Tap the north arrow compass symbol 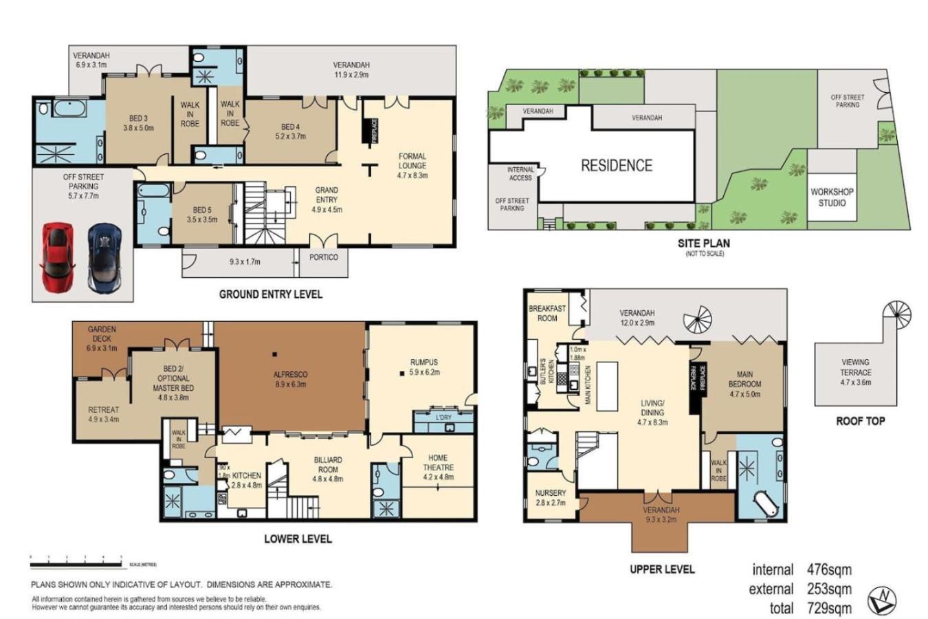tap(882, 600)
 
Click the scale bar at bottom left tap(76, 565)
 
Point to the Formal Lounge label tap(412, 166)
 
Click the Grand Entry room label tap(327, 199)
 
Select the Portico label tap(324, 257)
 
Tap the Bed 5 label tap(201, 215)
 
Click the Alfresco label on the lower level tap(291, 379)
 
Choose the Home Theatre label tap(438, 467)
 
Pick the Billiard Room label tap(328, 469)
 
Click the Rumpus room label tap(423, 367)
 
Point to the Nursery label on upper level tap(551, 497)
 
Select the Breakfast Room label tap(547, 314)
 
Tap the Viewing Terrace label tap(855, 372)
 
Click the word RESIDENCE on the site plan tap(616, 166)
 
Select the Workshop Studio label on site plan tap(832, 197)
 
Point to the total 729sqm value tap(829, 608)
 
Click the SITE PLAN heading tap(703, 243)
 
